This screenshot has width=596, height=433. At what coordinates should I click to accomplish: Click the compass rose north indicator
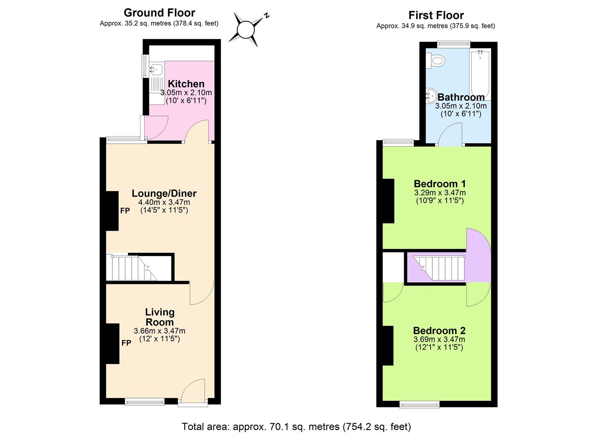[246, 28]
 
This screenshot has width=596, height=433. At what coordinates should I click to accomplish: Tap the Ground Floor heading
[159, 13]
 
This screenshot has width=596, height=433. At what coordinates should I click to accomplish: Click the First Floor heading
[436, 15]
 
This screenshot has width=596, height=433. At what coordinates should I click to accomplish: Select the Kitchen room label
[186, 84]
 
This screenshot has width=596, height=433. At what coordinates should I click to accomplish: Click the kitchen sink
[156, 69]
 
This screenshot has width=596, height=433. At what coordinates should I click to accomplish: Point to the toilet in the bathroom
[437, 61]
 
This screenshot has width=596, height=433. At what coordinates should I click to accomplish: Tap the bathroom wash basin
[431, 95]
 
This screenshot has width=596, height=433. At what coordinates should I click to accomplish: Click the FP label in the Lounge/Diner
[125, 210]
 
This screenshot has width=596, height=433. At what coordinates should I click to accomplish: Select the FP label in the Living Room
[126, 343]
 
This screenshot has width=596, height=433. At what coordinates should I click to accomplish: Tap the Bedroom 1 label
[439, 184]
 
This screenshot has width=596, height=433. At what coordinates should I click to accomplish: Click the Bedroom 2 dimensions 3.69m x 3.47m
[439, 339]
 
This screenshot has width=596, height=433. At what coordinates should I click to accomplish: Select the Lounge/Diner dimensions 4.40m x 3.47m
[164, 202]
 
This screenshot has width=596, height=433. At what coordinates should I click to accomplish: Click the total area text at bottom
[296, 426]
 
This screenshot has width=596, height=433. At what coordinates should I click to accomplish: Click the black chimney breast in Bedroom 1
[388, 200]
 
